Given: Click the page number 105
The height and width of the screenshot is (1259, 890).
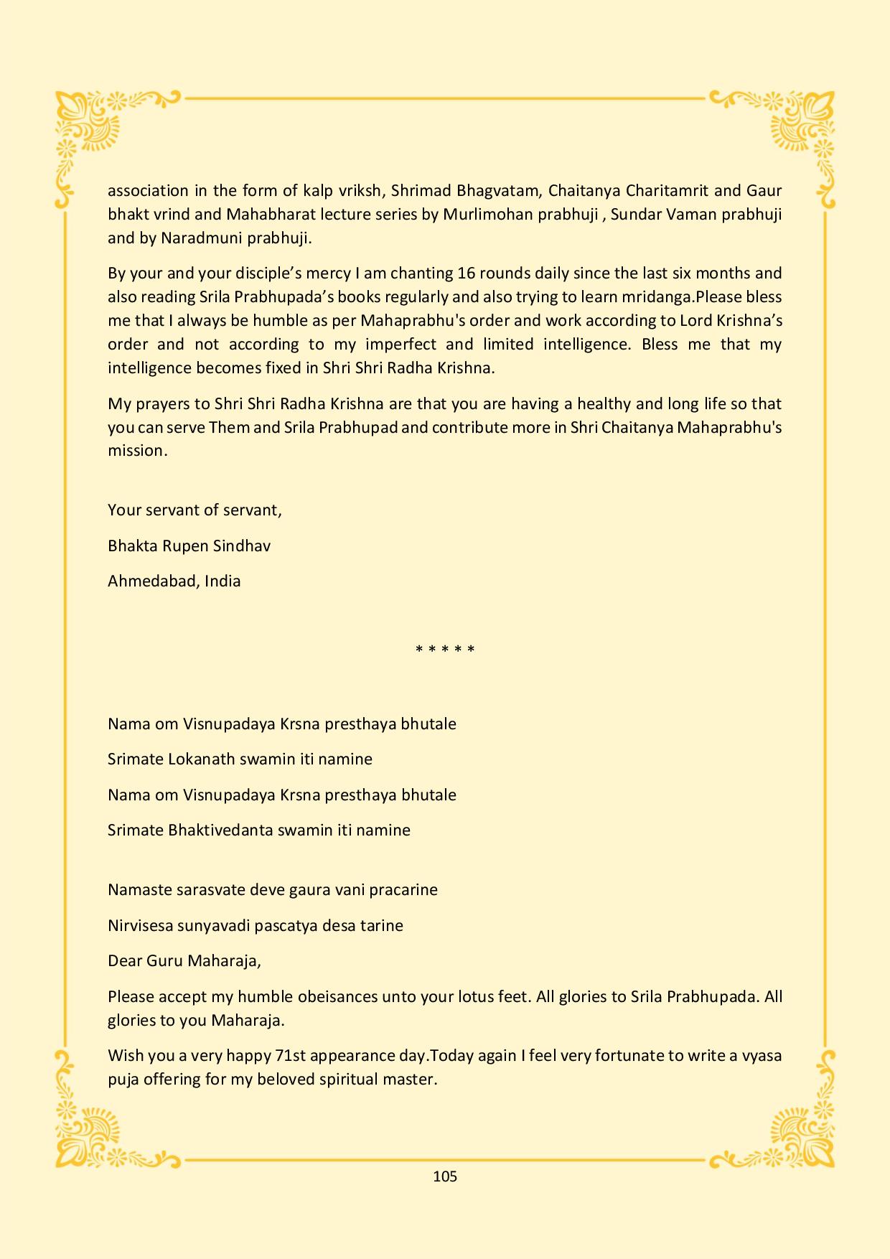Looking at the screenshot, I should coord(445,1176).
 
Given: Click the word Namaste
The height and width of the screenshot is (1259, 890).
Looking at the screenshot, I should coord(139,889).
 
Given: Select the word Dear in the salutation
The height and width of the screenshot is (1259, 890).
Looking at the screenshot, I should coord(125,960).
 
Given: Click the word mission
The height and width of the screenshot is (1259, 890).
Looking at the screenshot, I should coord(136,451).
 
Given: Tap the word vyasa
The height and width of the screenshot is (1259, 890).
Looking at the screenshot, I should coord(759,1055).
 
